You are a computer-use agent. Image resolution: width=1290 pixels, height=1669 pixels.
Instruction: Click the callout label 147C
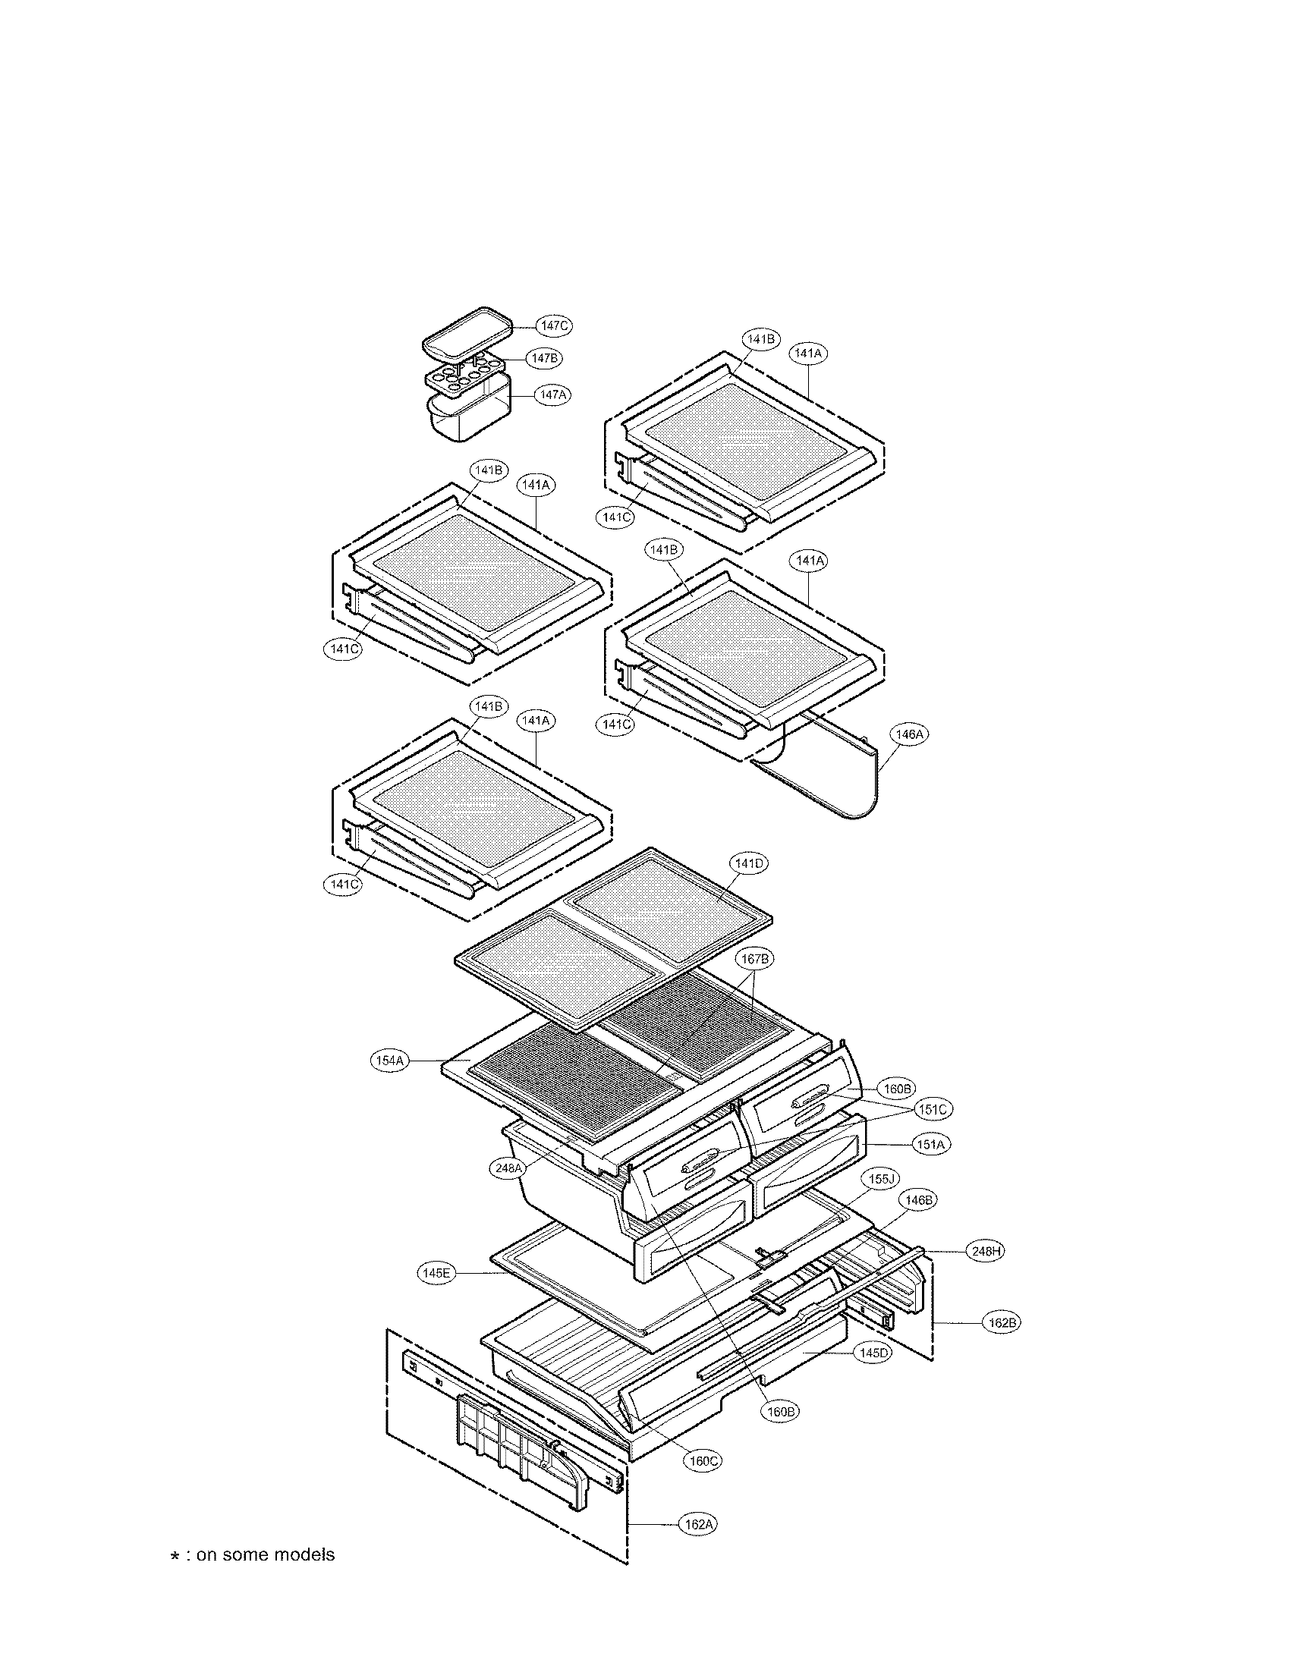click(x=554, y=325)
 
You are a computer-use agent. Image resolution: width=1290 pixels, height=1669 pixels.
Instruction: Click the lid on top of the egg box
click(x=467, y=334)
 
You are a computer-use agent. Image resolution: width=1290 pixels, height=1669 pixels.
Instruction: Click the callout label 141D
click(x=748, y=863)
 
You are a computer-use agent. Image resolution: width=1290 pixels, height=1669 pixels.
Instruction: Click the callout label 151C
click(x=933, y=1109)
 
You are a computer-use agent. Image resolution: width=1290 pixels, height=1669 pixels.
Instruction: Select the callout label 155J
click(x=880, y=1179)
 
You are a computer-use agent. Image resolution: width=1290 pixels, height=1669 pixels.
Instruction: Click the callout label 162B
click(x=1001, y=1322)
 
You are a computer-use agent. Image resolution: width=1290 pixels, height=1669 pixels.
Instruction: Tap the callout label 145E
click(x=436, y=1273)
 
